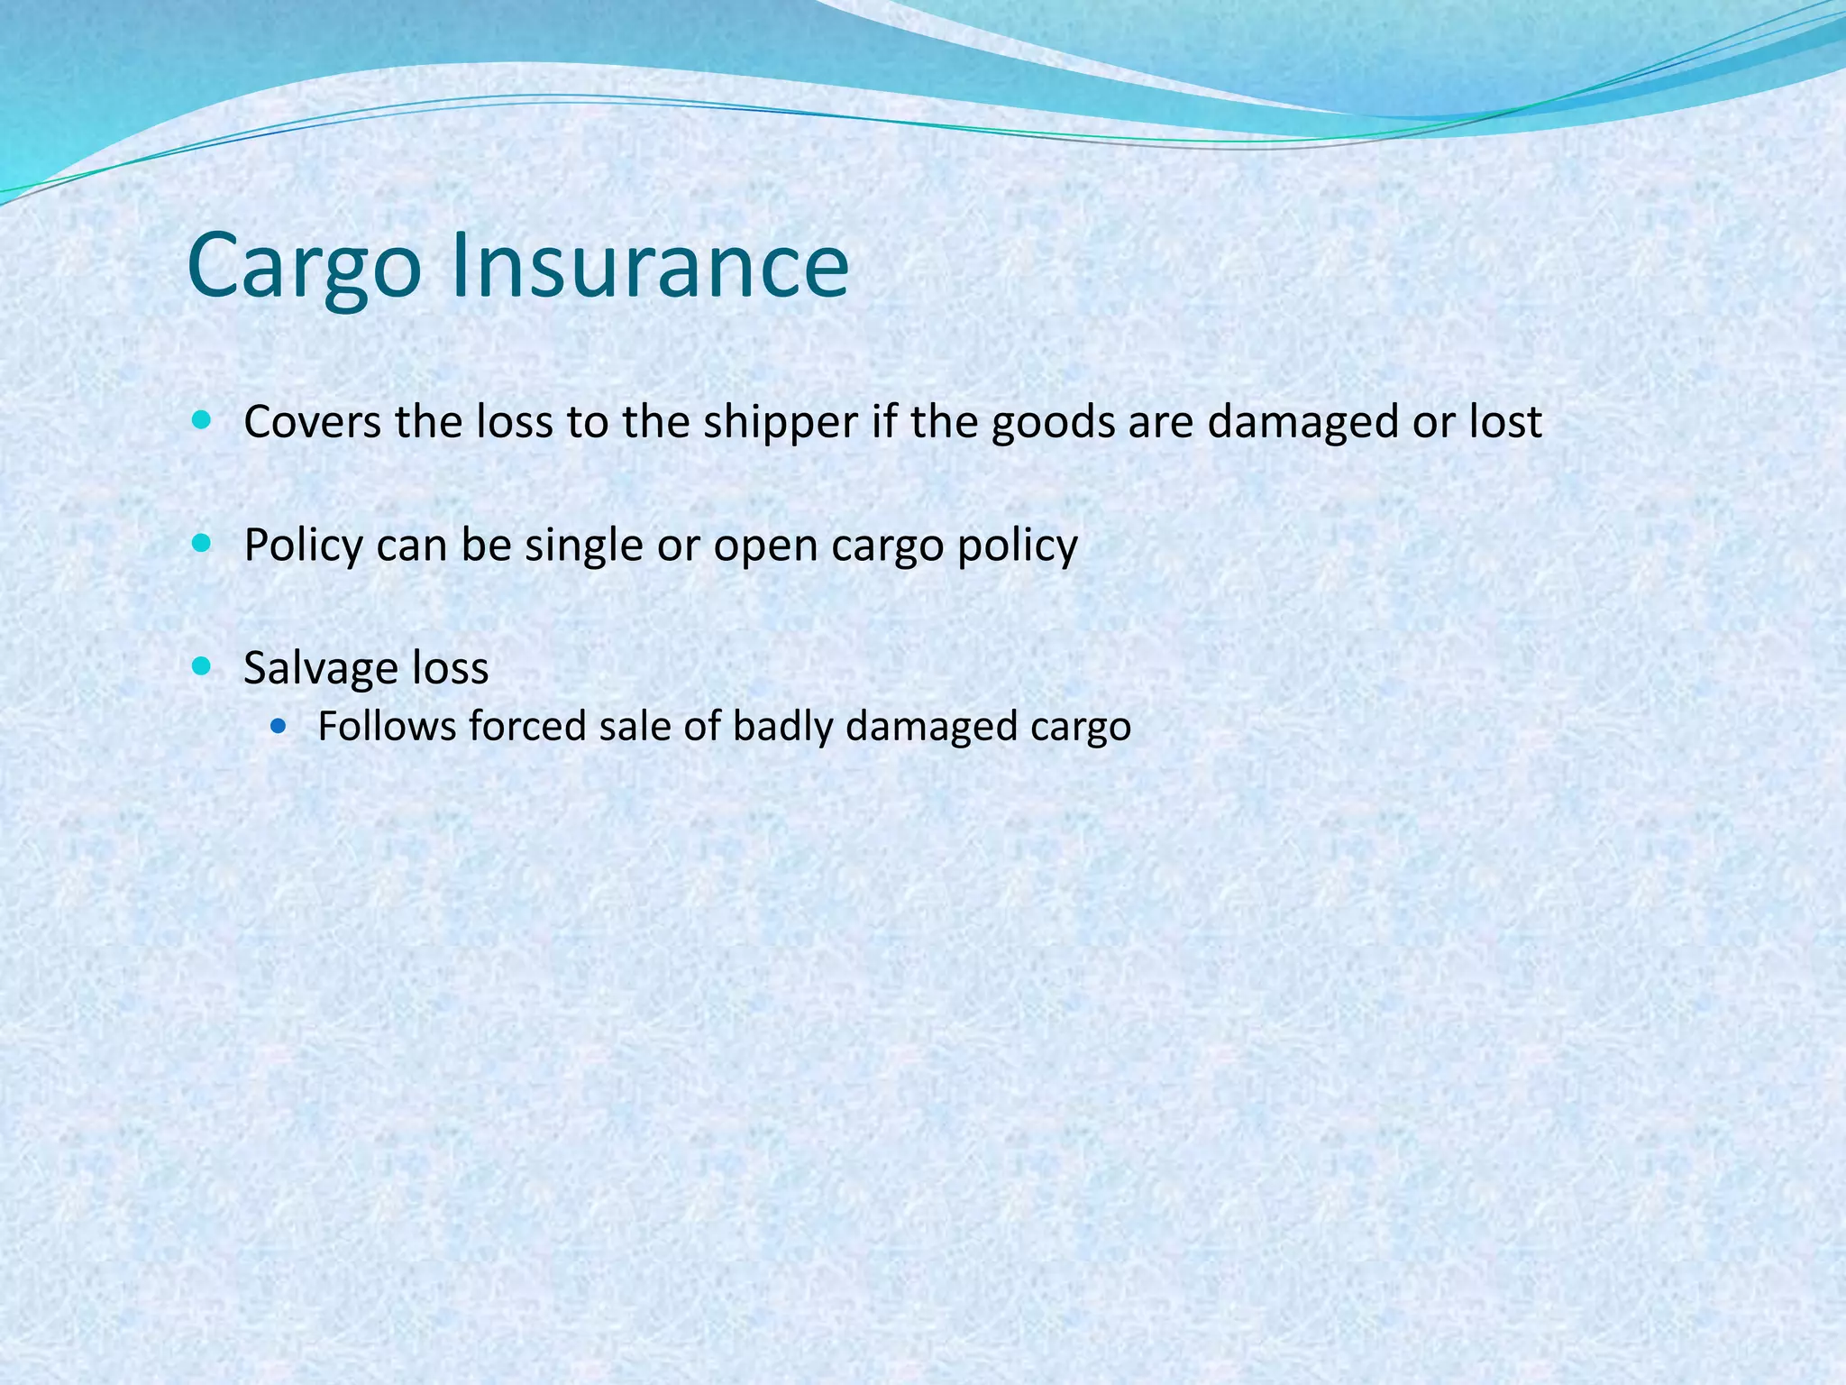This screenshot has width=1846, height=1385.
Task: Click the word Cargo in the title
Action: coord(304,267)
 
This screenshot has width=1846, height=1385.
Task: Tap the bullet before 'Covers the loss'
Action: coord(201,420)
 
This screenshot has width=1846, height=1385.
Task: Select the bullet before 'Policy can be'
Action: coord(201,544)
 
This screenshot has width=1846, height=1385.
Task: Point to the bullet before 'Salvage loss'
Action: coord(201,667)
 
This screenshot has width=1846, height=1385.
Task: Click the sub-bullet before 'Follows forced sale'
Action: coord(278,725)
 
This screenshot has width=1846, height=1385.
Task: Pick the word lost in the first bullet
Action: coord(1505,422)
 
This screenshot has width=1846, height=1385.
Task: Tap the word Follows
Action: coord(387,726)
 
